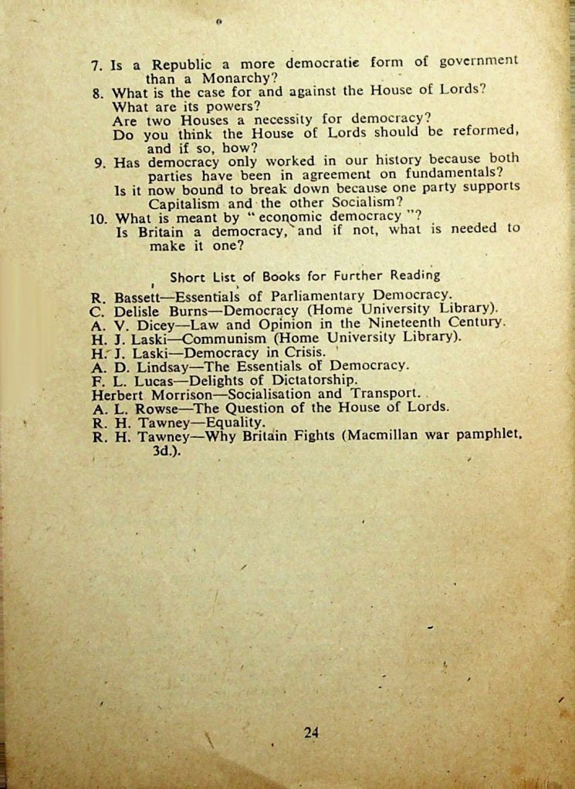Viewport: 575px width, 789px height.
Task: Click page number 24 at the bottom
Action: tap(311, 733)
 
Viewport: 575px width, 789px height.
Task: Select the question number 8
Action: tap(98, 93)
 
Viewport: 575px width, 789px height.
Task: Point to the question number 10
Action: tap(98, 218)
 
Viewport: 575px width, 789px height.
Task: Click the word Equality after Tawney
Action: tap(237, 422)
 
